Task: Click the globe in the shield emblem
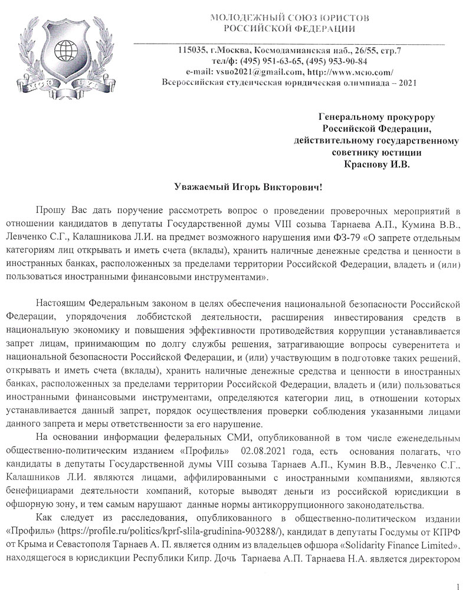pos(66,48)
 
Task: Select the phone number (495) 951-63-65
pos(263,61)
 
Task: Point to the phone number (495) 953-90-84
pos(335,61)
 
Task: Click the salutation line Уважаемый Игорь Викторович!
pos(241,188)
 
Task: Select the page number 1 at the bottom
pos(458,571)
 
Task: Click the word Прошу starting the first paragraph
pos(51,210)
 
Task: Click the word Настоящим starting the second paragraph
pos(58,303)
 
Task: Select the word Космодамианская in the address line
pos(290,50)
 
